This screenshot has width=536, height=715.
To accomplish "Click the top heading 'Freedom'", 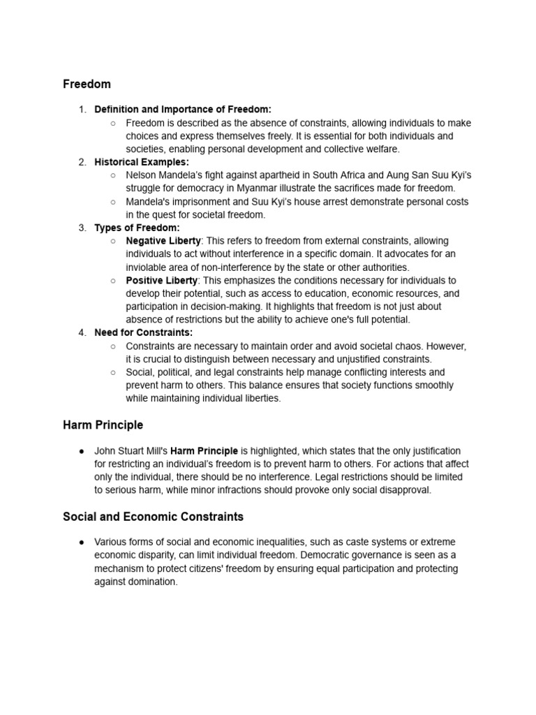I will (87, 84).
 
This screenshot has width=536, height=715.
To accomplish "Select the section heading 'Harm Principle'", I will (103, 425).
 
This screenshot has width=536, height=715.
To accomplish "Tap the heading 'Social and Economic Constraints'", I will (153, 517).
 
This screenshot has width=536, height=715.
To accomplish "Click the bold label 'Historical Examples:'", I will (142, 162).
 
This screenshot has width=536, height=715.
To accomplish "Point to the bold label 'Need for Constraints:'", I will (144, 332).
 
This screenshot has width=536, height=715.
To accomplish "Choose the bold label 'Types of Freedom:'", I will (137, 228).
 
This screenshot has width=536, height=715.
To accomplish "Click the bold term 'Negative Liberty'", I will (163, 241).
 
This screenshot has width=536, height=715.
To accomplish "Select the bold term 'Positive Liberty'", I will (161, 280).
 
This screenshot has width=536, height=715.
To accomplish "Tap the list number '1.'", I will (82, 110).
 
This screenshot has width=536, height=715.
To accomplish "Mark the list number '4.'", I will (82, 332).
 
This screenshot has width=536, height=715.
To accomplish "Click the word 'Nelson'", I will (141, 175).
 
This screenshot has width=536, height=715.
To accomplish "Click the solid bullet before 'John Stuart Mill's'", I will (82, 451).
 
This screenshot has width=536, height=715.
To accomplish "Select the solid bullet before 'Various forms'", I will (82, 543).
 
